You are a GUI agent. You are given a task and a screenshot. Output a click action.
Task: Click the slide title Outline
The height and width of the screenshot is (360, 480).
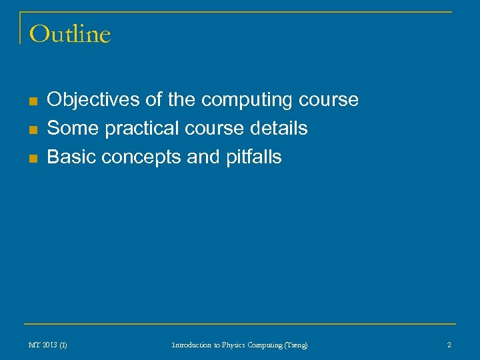point(70,34)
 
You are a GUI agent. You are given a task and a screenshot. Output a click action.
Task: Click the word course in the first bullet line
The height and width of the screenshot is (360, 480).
point(329,100)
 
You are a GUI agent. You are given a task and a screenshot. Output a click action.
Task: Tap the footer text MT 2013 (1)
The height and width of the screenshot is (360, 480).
point(48,345)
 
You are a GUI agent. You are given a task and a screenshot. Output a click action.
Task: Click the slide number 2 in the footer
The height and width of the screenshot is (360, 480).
point(449,345)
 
